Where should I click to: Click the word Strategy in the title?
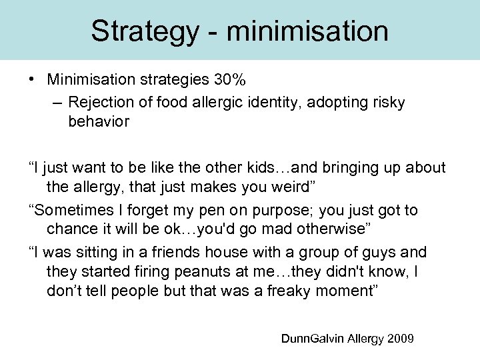pos(142,31)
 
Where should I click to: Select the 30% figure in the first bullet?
pos(230,81)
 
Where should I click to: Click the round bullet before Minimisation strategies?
pos(32,81)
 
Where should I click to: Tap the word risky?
pos(388,103)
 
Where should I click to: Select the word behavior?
pos(99,122)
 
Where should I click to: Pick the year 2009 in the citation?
pos(401,339)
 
